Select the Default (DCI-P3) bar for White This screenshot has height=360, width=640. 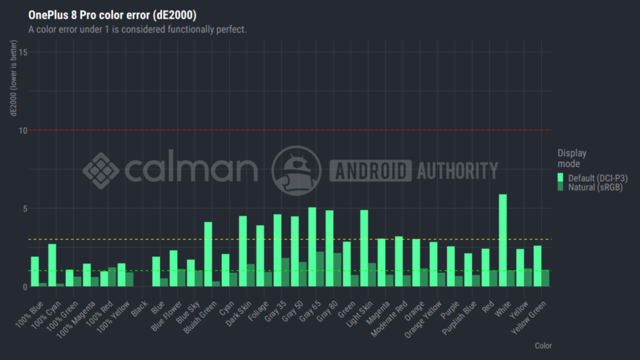(x=502, y=241)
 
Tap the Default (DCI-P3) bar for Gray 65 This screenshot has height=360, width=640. (x=312, y=247)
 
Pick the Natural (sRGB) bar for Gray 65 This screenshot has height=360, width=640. (x=320, y=269)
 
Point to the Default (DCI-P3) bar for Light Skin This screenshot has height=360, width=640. (x=364, y=248)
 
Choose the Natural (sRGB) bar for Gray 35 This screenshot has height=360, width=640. (x=286, y=272)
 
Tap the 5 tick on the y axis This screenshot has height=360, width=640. (x=24, y=208)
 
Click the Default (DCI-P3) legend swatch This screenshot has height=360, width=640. (x=561, y=178)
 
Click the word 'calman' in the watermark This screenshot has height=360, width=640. (x=191, y=169)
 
